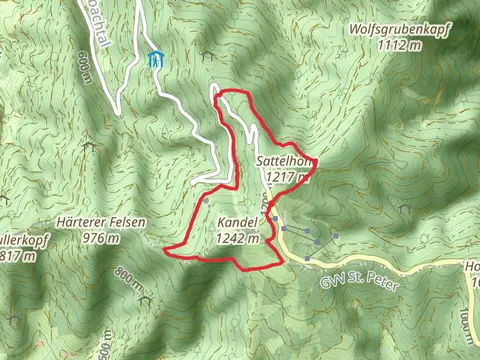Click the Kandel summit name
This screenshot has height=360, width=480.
pos(237,223)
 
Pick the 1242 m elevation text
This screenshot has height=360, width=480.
pos(237,238)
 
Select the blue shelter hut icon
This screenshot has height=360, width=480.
pos(153,60)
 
